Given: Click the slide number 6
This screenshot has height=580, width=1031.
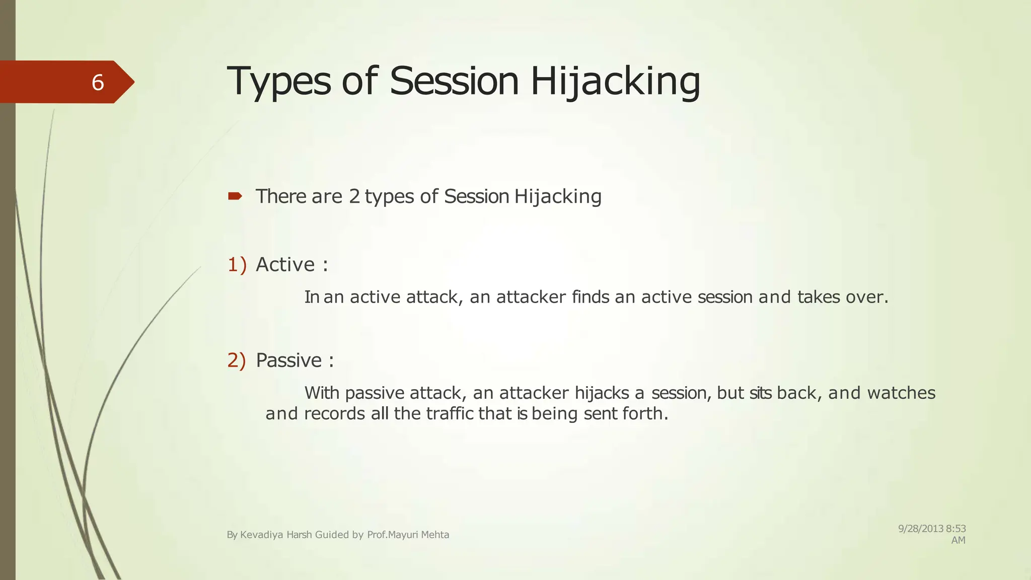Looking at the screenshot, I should pyautogui.click(x=98, y=82).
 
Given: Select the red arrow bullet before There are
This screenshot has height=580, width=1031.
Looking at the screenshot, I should pyautogui.click(x=235, y=196).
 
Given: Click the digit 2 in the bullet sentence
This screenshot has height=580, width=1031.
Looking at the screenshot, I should pyautogui.click(x=354, y=196).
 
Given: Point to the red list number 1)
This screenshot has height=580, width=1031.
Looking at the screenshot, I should pyautogui.click(x=237, y=264).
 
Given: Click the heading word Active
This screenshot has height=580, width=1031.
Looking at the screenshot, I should pyautogui.click(x=285, y=264).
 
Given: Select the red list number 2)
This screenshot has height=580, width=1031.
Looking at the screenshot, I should pyautogui.click(x=237, y=360).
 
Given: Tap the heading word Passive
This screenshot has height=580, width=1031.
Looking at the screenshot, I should pyautogui.click(x=288, y=360).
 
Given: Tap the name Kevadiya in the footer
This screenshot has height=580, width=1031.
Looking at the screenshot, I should pyautogui.click(x=262, y=535).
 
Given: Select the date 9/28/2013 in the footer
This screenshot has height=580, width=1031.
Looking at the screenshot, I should pyautogui.click(x=921, y=529).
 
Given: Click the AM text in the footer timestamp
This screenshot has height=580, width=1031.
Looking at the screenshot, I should pyautogui.click(x=958, y=540).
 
